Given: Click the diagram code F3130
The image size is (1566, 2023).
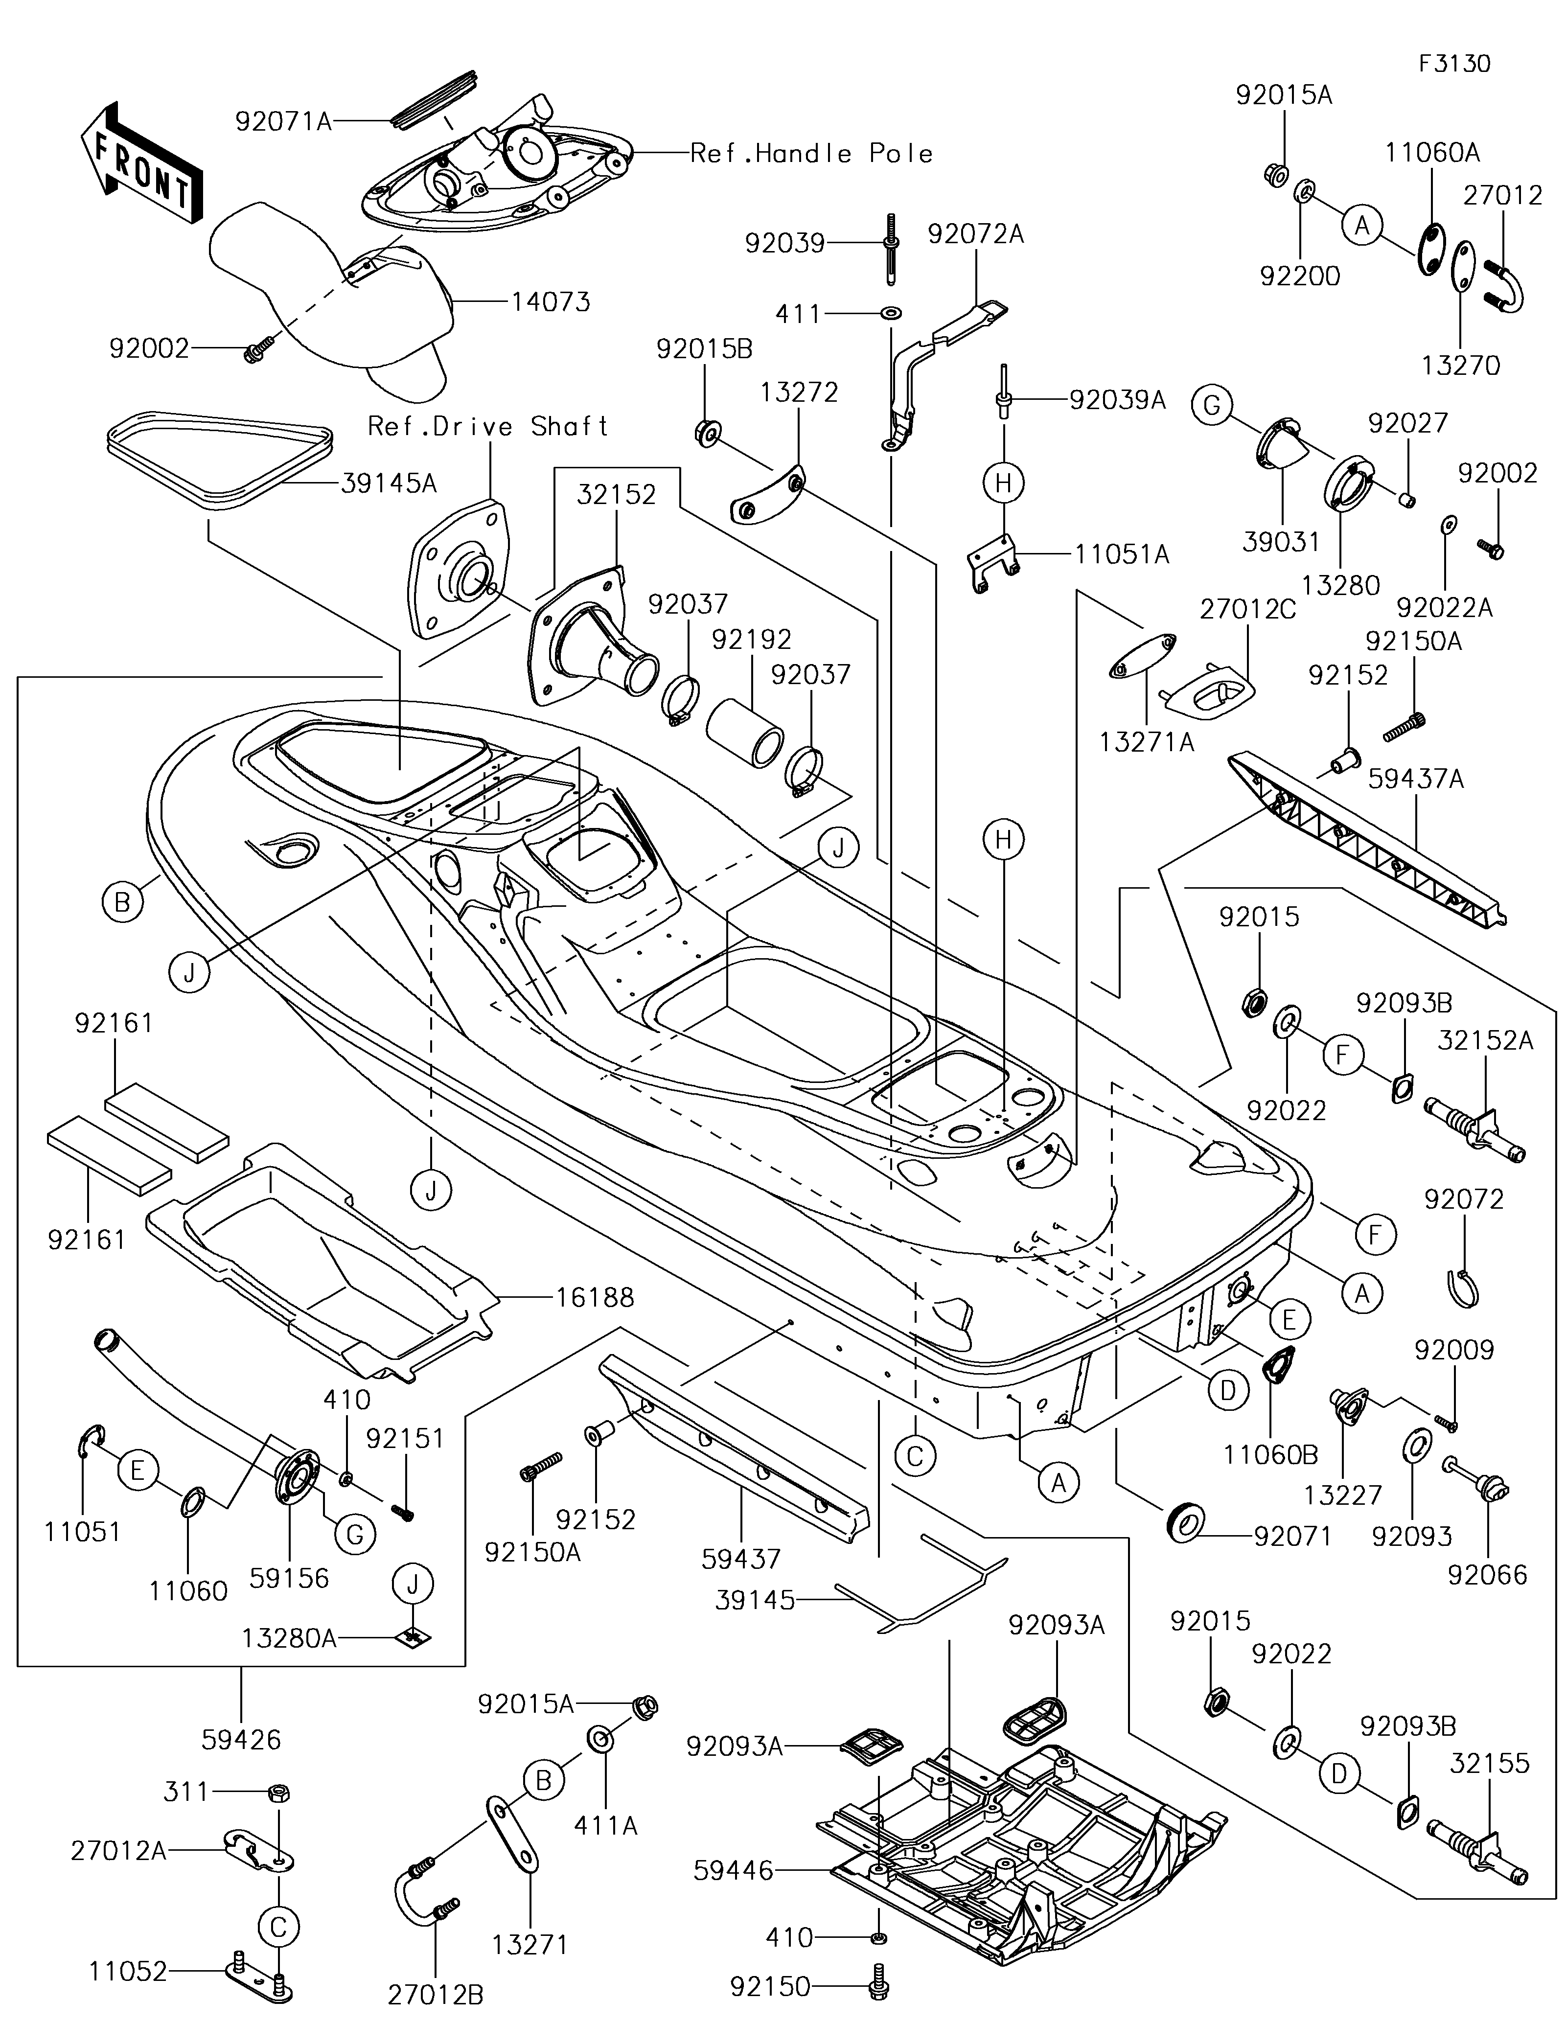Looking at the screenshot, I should [x=1454, y=64].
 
